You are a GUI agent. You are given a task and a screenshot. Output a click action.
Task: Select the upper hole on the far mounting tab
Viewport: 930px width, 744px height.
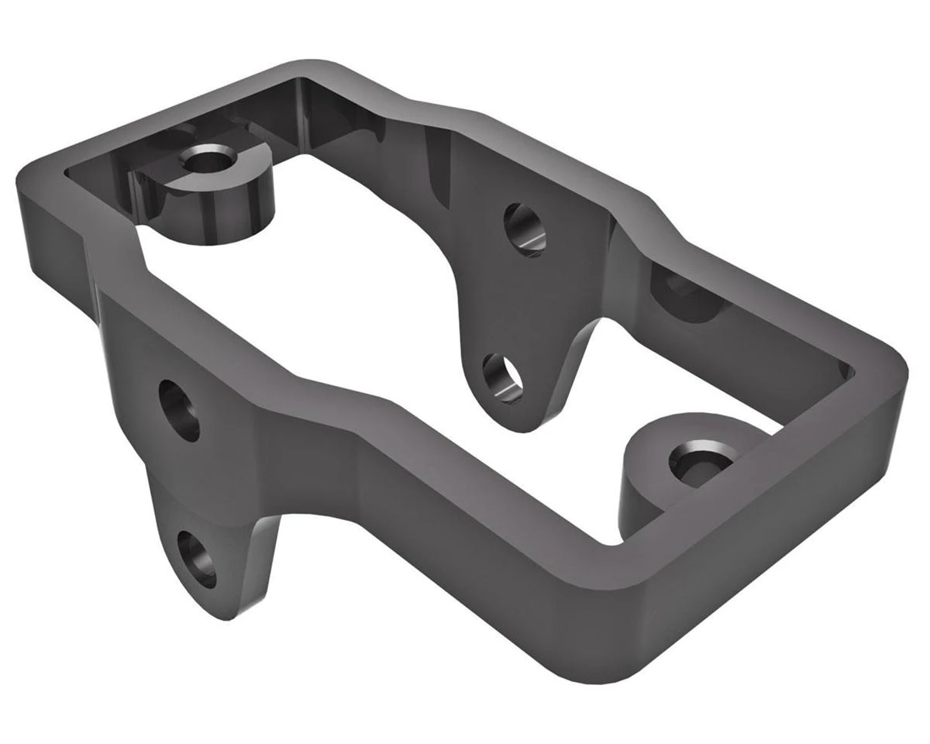tap(525, 229)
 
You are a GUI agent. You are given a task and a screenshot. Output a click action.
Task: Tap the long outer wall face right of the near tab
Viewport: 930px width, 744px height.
tap(465, 542)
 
